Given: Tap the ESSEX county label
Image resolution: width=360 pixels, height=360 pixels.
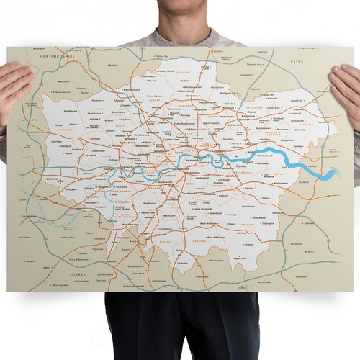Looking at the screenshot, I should coord(298,63).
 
